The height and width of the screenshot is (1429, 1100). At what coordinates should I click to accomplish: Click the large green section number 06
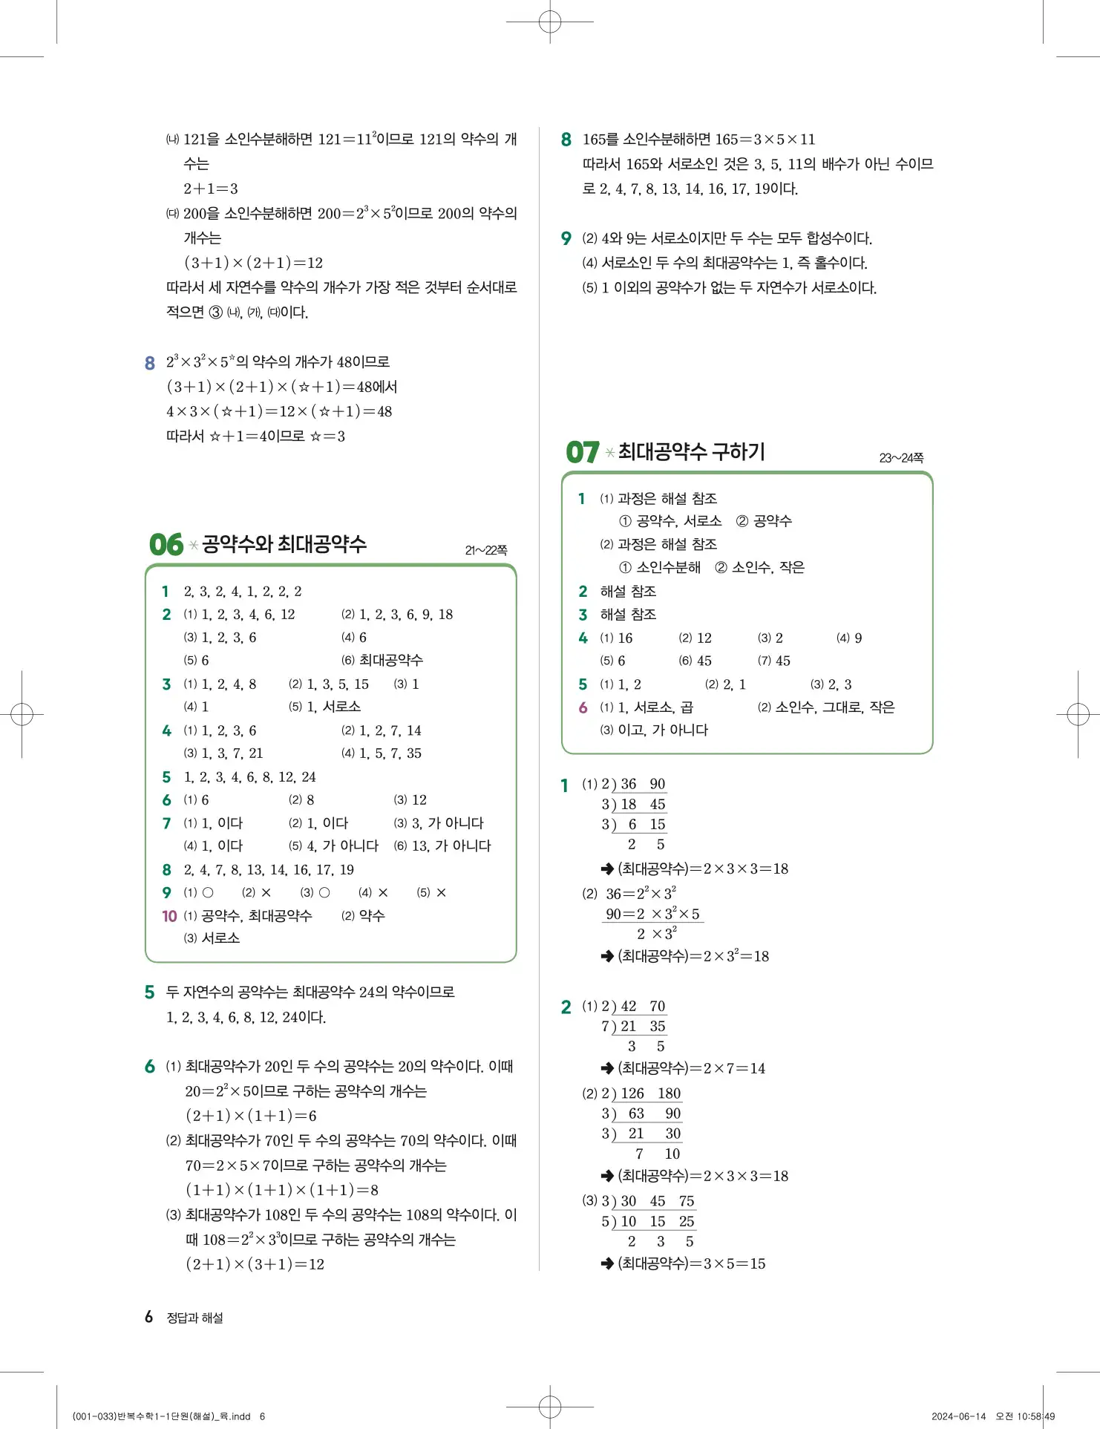coord(166,544)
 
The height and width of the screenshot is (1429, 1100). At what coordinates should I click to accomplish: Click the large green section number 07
coord(582,452)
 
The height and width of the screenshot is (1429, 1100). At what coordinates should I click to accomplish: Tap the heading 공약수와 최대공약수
coord(284,544)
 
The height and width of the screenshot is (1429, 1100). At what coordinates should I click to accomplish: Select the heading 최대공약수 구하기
coord(691,451)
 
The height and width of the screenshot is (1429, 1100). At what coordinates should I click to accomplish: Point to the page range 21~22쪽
coord(486,550)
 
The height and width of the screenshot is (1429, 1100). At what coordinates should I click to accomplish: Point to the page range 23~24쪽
coord(901,458)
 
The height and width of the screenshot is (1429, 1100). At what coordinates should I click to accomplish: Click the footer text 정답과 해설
coord(194,1318)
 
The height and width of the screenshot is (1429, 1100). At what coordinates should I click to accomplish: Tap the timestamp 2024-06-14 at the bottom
coord(958,1416)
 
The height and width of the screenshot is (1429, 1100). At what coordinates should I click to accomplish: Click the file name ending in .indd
coord(162,1416)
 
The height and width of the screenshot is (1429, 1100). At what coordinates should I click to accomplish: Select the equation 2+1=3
coord(211,189)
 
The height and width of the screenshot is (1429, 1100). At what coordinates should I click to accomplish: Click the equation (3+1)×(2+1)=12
coord(253,263)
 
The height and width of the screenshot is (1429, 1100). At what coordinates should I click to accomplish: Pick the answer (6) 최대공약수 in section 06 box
coord(382,660)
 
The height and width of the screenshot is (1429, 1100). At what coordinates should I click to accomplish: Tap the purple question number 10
coord(169,916)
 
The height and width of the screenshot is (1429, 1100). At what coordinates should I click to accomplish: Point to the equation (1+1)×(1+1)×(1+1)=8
coord(282,1190)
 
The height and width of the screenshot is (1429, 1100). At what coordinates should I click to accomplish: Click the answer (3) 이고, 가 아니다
coord(654,730)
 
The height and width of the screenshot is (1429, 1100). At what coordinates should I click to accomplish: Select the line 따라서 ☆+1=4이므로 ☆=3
coord(255,436)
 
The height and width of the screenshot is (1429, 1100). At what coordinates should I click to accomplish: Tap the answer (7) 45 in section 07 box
coord(774,661)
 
